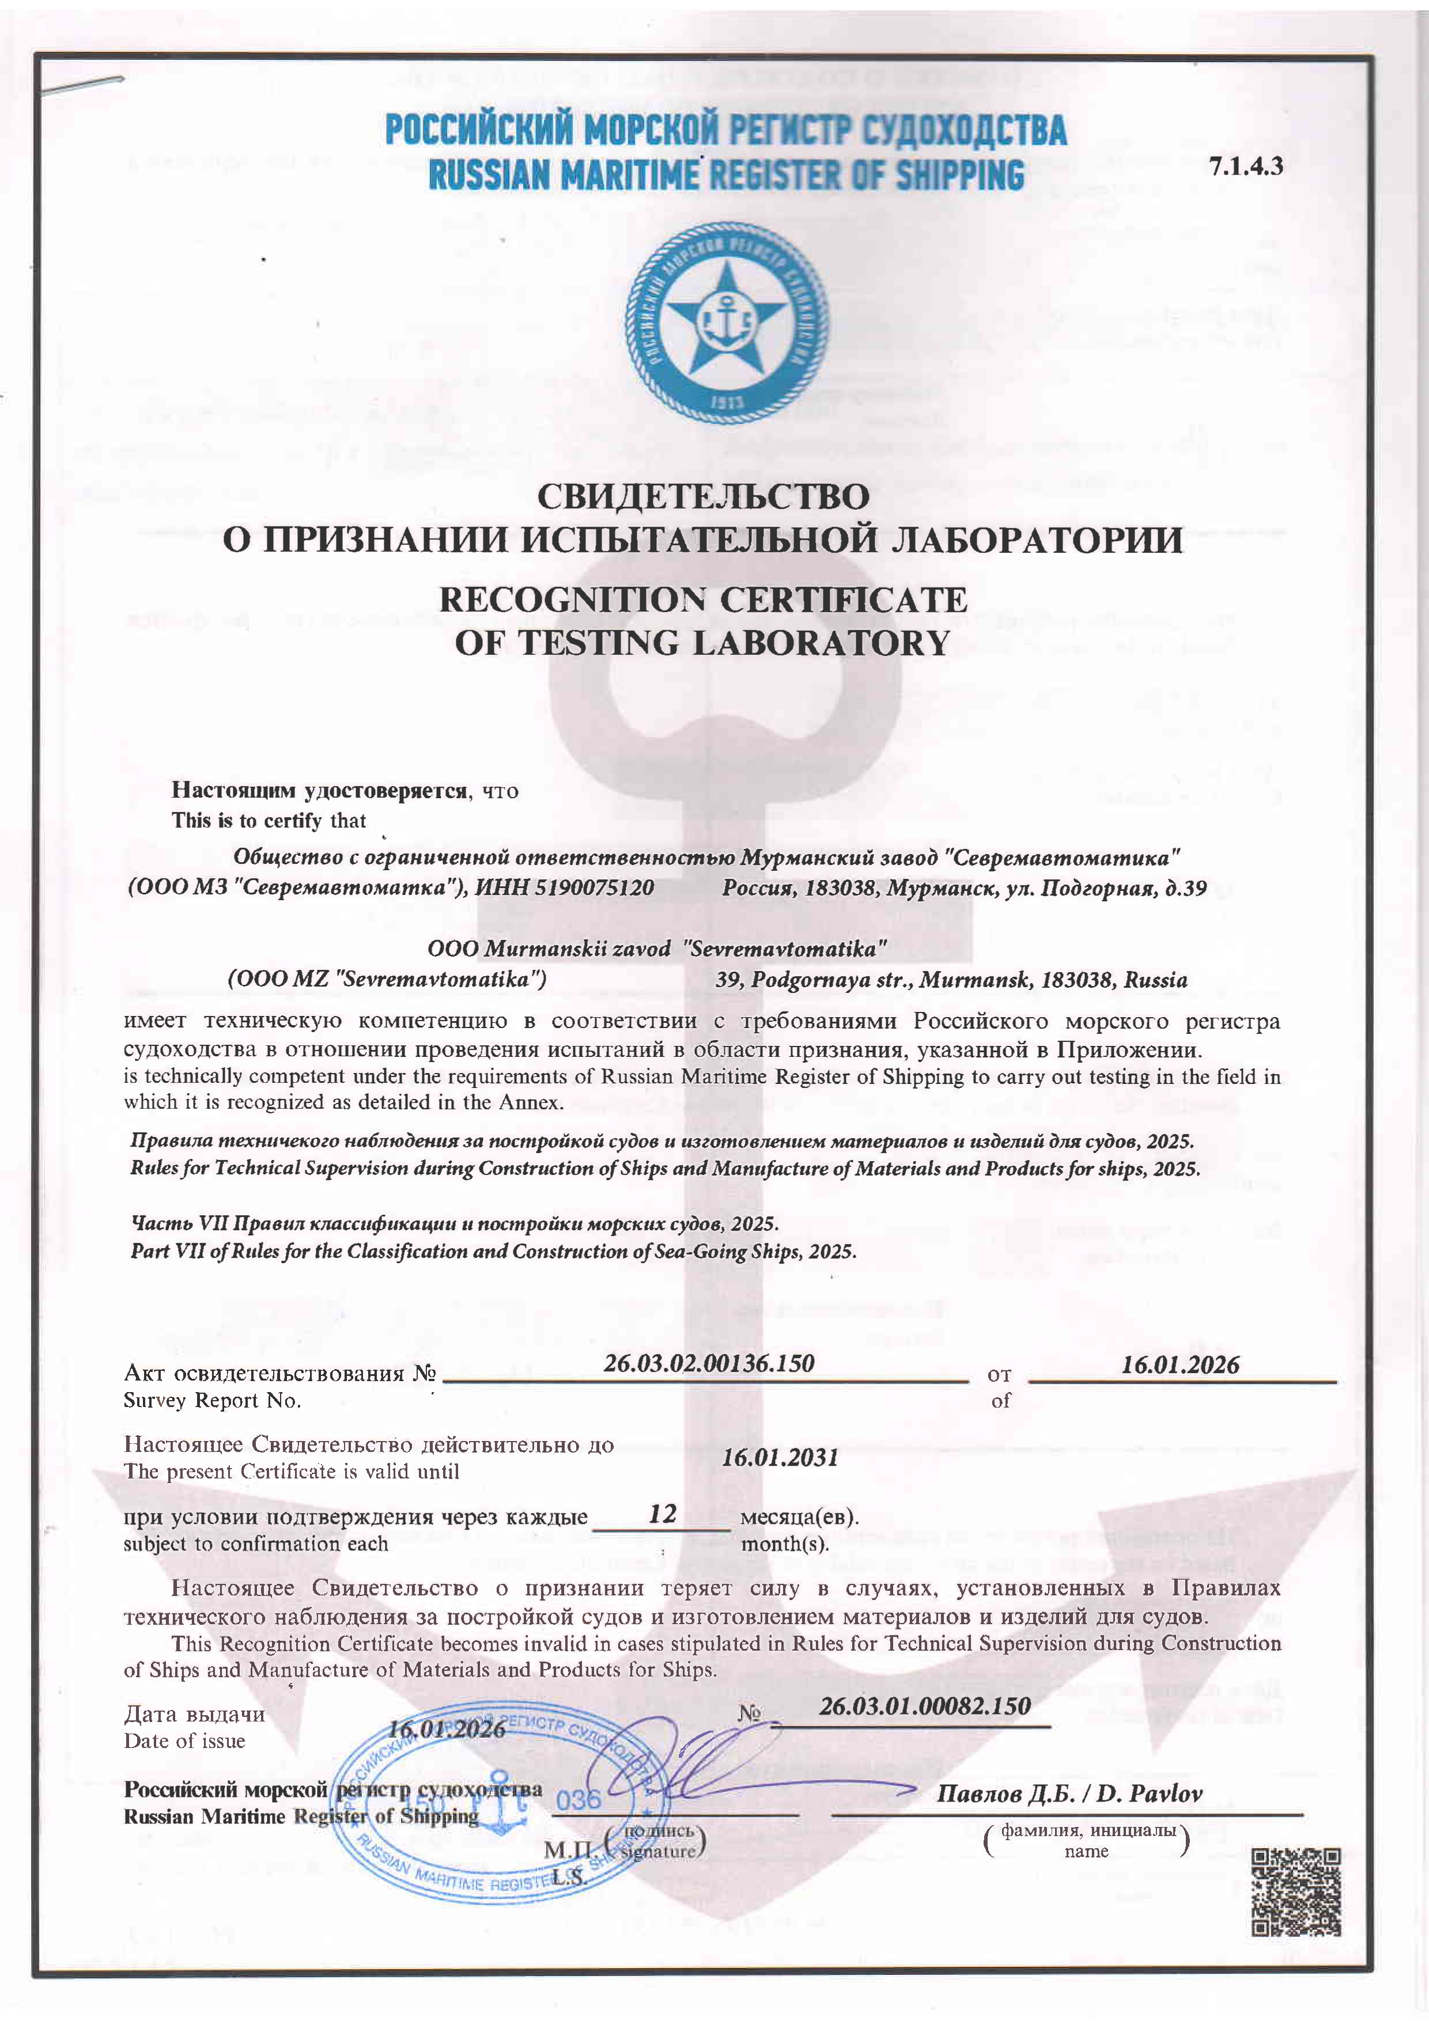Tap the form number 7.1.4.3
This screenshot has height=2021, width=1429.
[1245, 165]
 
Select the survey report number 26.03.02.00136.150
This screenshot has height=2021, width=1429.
[709, 1363]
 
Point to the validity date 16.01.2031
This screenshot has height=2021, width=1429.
[779, 1457]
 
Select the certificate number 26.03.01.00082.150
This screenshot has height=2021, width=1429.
[924, 1706]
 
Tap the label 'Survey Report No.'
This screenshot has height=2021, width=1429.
[212, 1401]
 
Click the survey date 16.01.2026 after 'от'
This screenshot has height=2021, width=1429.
[1180, 1365]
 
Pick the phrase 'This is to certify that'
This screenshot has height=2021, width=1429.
[269, 820]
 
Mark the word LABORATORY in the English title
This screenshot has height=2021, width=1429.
[822, 643]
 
